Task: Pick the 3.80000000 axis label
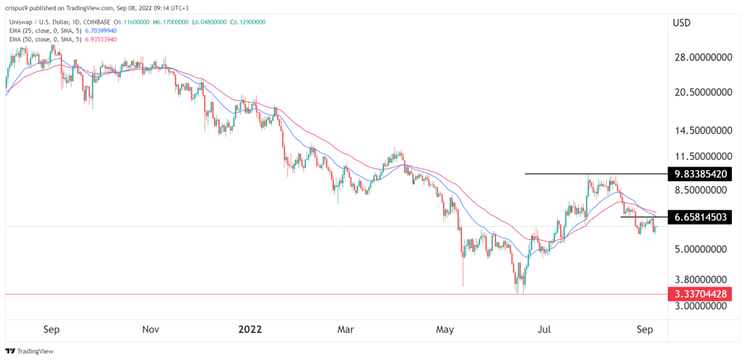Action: pos(699,279)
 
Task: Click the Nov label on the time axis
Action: pos(151,329)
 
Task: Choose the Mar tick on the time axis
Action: pos(346,329)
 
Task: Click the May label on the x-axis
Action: pos(445,329)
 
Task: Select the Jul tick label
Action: pos(543,329)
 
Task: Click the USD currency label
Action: pos(682,23)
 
